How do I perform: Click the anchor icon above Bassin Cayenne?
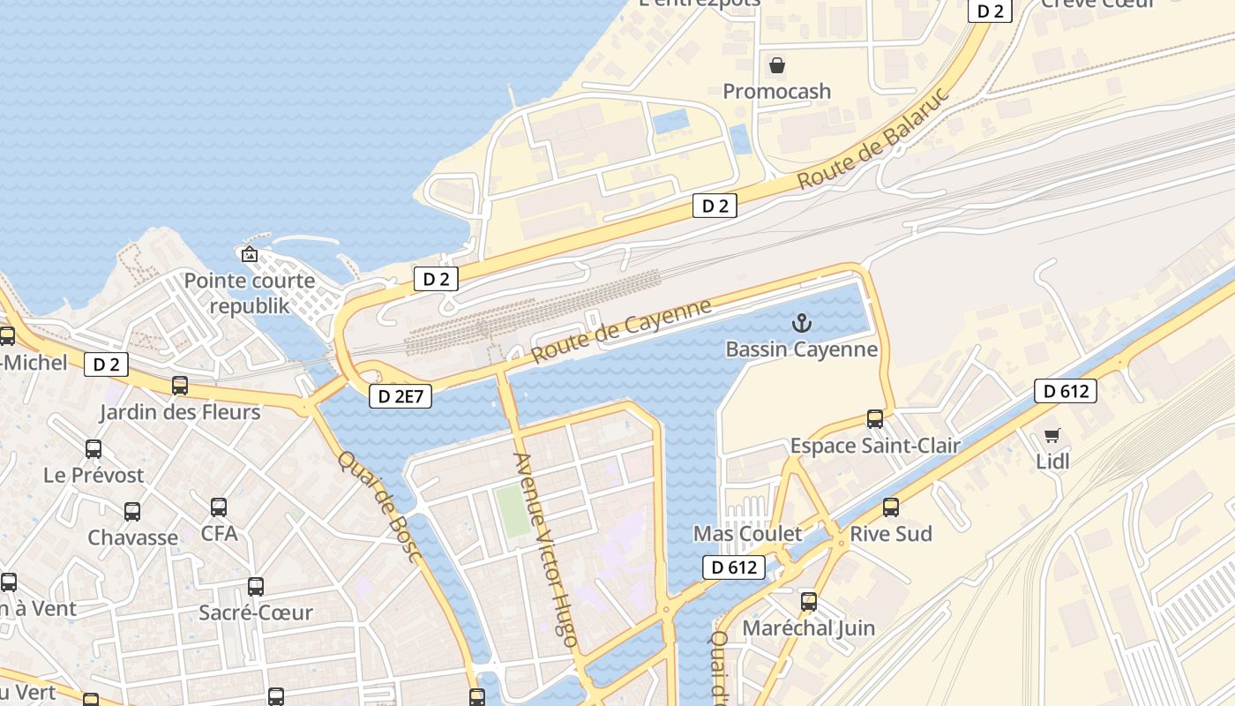801,323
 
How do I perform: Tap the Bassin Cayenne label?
801,349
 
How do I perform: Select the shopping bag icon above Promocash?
777,64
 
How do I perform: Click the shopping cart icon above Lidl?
1052,434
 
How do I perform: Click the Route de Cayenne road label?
622,331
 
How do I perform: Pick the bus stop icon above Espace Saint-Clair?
875,419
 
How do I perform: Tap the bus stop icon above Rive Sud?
891,507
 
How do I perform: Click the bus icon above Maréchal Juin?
809,602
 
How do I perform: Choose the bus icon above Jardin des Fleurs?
180,386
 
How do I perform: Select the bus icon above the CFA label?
219,507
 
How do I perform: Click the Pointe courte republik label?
249,294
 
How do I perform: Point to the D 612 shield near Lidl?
1066,391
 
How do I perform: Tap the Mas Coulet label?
747,534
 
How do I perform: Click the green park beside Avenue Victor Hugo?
512,509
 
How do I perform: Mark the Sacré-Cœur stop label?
256,612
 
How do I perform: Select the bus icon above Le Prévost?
94,448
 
